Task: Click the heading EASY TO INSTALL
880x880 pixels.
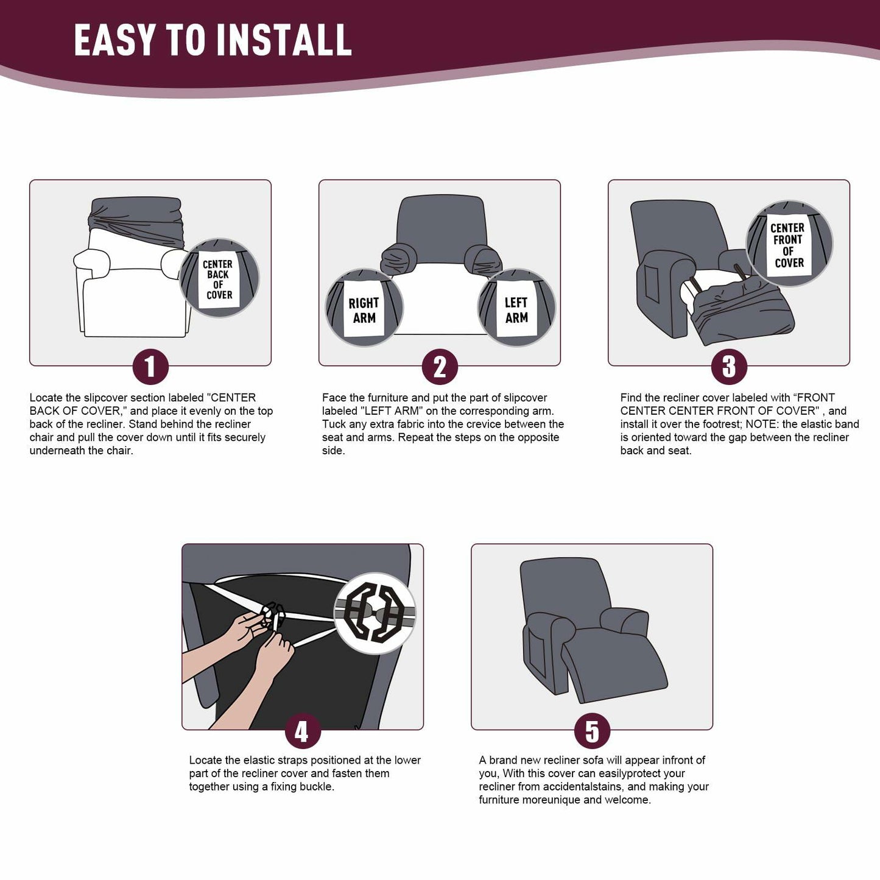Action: point(213,40)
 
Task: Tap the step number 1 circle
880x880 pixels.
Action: point(150,367)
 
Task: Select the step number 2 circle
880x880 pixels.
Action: point(439,367)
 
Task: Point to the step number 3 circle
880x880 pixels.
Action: point(728,367)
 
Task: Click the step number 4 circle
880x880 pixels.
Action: point(302,731)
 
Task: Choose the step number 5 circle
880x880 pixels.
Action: point(591,731)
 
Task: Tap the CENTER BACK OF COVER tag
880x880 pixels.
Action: point(219,279)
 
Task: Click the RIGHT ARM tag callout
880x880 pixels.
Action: point(364,309)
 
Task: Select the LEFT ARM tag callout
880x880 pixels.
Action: point(516,309)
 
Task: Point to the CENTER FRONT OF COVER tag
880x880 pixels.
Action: point(789,245)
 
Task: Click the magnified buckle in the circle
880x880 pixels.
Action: point(375,613)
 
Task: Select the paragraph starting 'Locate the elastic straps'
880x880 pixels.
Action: point(304,773)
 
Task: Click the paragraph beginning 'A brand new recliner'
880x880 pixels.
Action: point(594,780)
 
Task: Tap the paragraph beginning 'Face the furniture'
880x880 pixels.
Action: point(443,424)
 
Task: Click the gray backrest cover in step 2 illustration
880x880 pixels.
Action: point(440,222)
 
